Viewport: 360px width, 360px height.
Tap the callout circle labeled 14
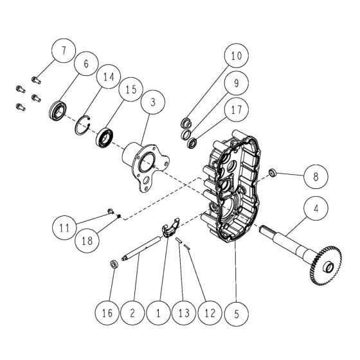108,78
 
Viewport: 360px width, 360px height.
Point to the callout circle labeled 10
236,57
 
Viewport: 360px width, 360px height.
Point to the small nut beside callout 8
272,172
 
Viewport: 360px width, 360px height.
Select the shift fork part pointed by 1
170,230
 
